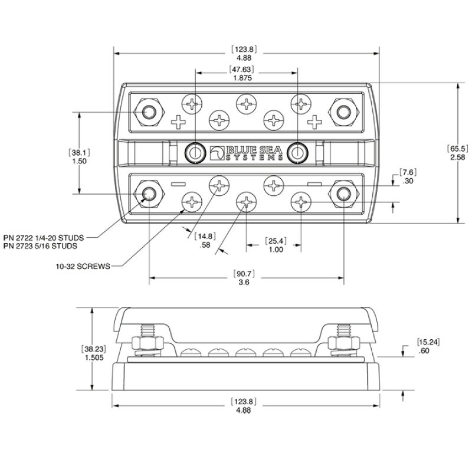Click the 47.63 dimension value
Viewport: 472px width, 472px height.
pos(241,69)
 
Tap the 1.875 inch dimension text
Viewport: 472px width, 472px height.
pos(242,78)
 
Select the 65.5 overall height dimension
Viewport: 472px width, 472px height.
pos(458,149)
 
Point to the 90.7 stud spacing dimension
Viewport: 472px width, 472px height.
pos(244,274)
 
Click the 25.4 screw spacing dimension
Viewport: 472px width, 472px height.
pos(276,241)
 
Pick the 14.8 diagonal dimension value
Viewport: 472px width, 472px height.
pos(205,237)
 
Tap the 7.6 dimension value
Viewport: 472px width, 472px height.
pos(408,172)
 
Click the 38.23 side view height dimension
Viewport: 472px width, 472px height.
pos(94,349)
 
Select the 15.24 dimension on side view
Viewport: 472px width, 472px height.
pos(428,342)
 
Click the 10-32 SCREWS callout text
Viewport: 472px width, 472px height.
pos(83,267)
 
